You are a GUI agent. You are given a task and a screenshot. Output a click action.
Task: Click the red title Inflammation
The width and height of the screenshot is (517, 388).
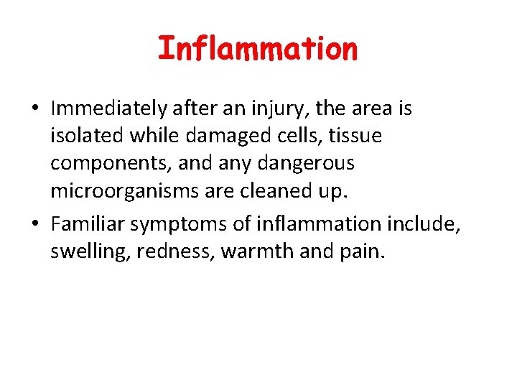coord(257,49)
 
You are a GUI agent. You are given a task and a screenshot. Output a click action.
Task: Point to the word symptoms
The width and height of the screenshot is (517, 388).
coord(169,225)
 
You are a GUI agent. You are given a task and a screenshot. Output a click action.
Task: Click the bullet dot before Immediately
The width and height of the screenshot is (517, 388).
coord(34,109)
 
